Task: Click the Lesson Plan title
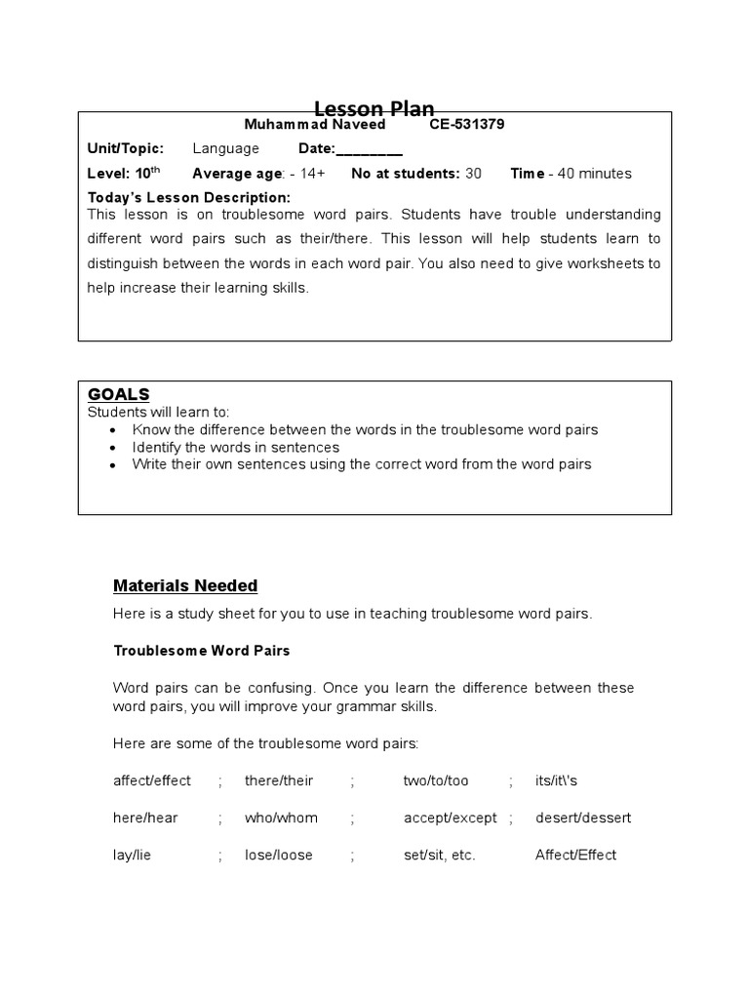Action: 374,108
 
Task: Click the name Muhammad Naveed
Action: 313,125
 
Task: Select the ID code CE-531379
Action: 466,125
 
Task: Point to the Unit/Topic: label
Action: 126,148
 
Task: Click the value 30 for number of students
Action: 473,174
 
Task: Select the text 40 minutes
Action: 594,174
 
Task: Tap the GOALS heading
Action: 118,394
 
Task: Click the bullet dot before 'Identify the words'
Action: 114,448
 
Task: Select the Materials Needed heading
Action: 185,585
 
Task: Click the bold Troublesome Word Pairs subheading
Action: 201,650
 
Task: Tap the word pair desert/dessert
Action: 583,818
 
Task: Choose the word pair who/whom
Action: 281,818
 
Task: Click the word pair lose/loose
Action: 279,855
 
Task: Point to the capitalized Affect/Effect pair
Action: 575,855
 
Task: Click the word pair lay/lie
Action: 133,855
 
